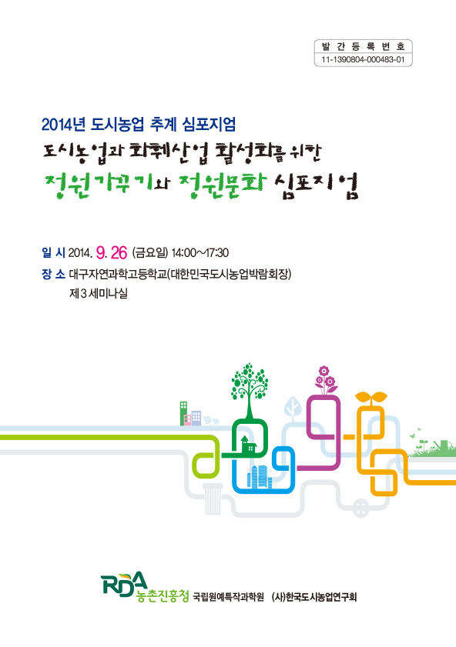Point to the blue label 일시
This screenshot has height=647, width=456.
54,252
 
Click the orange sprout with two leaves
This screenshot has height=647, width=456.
377,399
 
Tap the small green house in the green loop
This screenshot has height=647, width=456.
246,443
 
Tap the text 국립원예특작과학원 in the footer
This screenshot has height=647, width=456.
228,598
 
